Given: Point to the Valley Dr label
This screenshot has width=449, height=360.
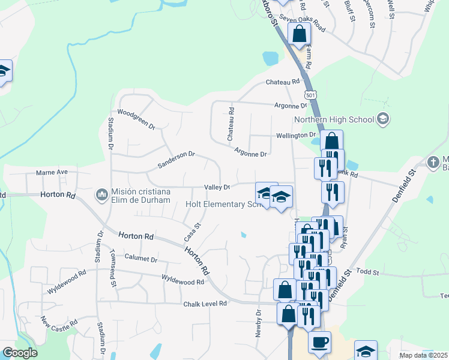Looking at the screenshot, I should pos(217,187).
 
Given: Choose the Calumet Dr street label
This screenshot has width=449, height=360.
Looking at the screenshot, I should pos(140,259).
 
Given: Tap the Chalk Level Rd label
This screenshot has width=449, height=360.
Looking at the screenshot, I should pos(206,304).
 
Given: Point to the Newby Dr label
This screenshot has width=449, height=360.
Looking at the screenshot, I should pos(259,323).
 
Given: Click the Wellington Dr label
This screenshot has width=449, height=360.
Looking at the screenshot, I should pos(296,135).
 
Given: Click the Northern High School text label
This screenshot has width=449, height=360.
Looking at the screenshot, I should pos(334,119).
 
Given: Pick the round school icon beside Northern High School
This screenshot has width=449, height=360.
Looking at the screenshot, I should pos(382,119).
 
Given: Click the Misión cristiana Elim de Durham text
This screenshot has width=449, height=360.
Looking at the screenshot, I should pos(141,196).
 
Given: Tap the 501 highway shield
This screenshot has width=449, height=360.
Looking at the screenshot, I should pos(310,95).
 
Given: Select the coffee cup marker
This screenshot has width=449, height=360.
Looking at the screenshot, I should pos(319,341).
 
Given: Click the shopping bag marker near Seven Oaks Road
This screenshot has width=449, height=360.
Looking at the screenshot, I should pos(299,34).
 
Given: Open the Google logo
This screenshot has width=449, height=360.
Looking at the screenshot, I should pos(20,353).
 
